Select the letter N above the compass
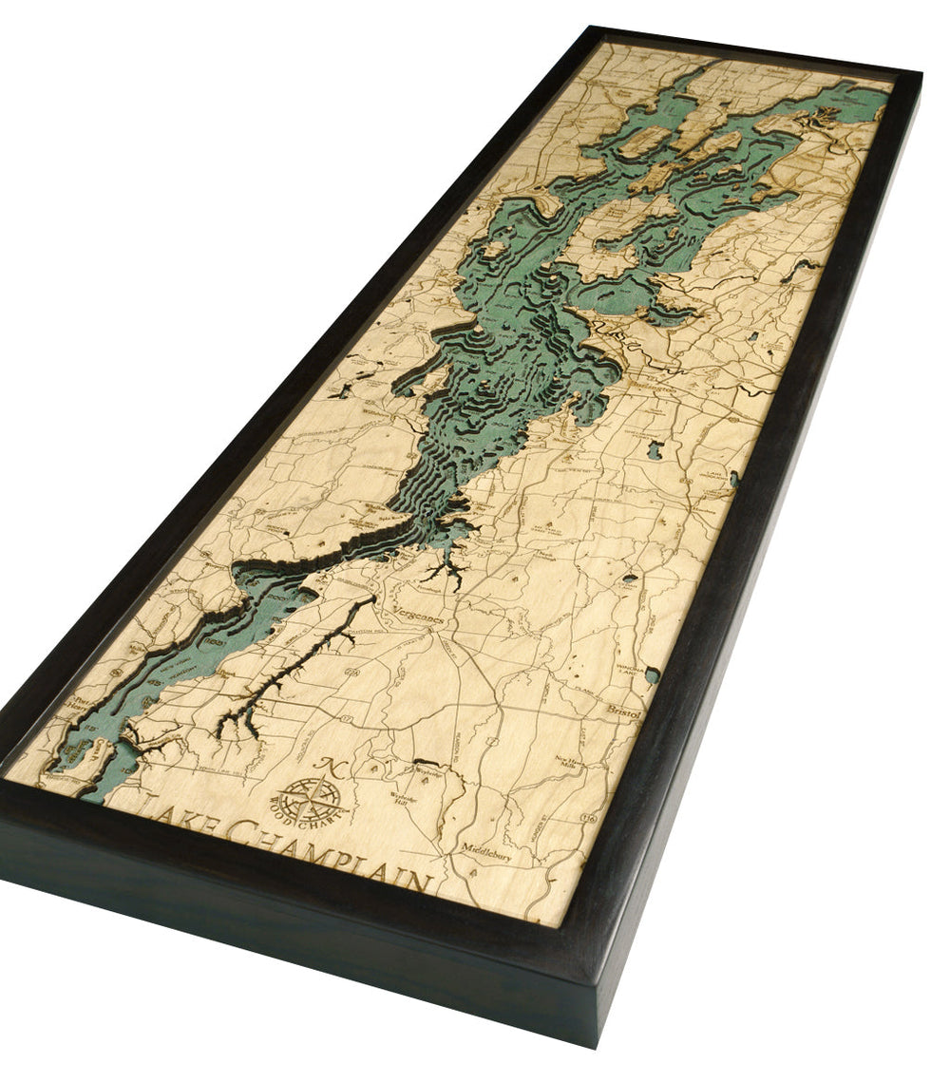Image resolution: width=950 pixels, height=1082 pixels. click(329, 766)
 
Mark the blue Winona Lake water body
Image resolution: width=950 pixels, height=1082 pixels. click(652, 675)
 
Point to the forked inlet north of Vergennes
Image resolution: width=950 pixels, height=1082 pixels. click(443, 570)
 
